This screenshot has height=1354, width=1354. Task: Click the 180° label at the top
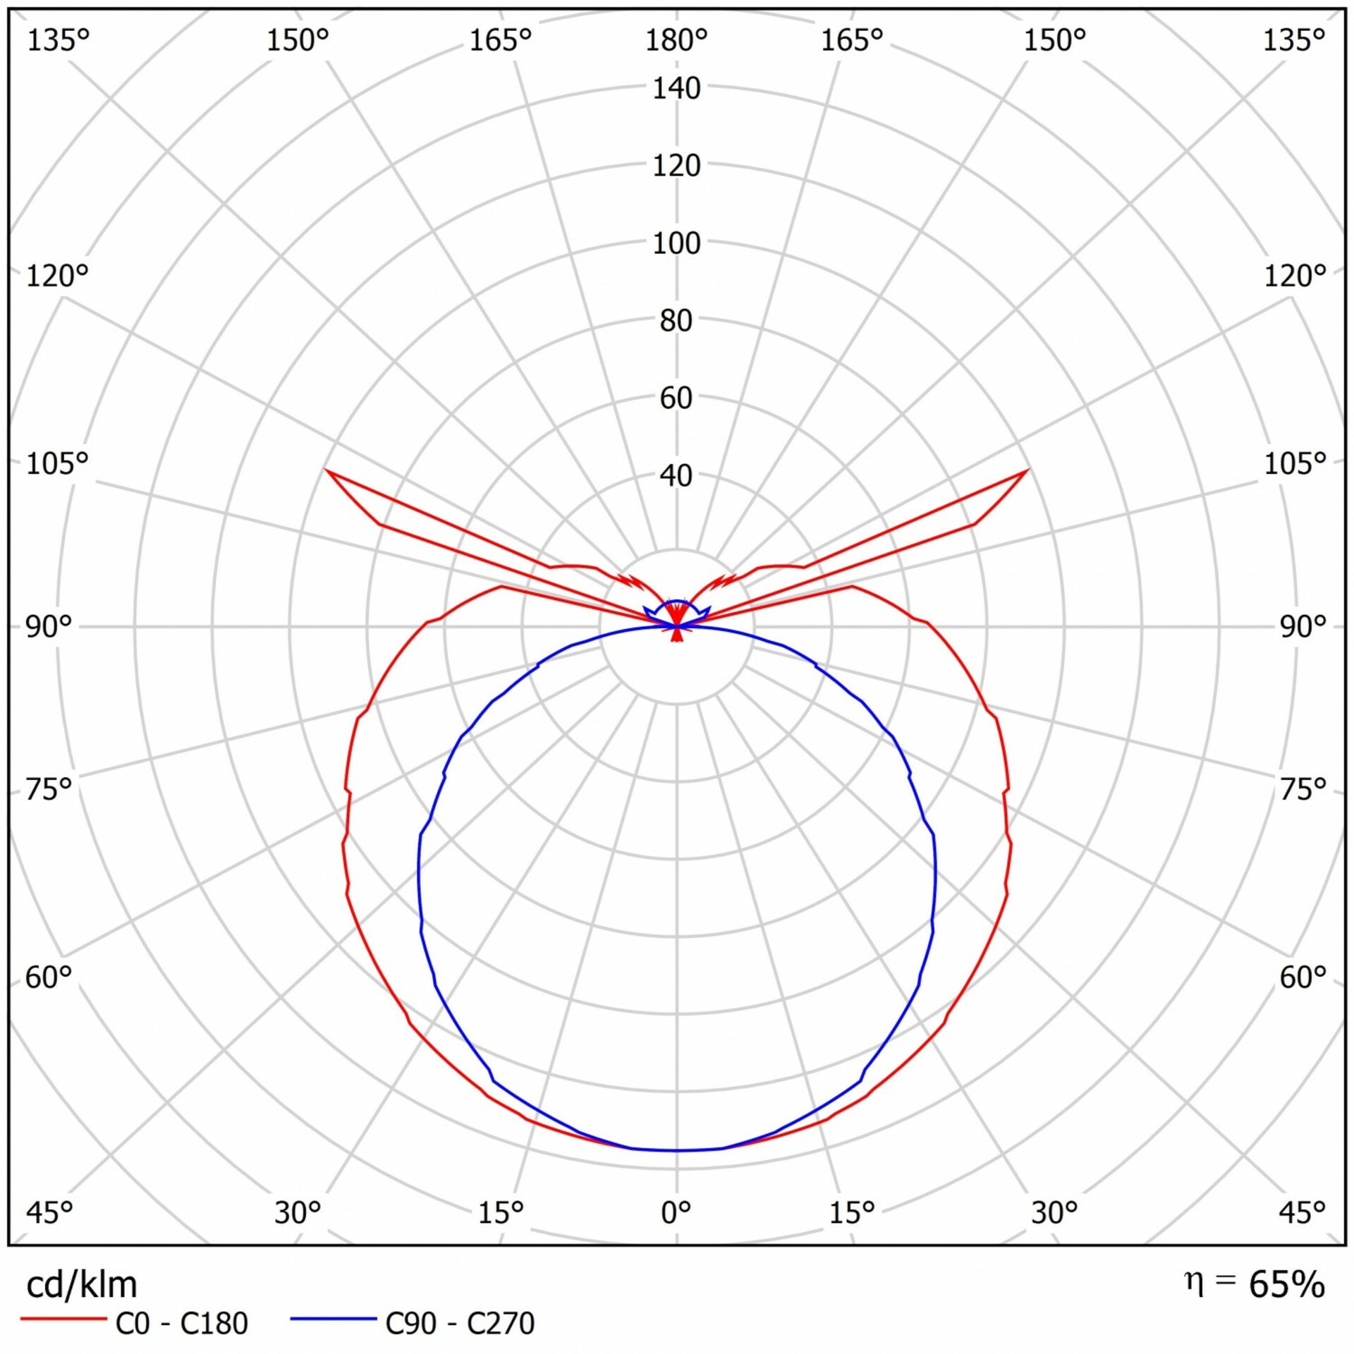coord(676,41)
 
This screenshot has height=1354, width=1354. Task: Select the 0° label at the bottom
coord(676,1212)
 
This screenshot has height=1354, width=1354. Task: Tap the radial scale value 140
coord(676,89)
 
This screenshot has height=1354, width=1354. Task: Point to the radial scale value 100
coord(676,244)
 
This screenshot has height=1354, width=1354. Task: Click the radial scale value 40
coord(676,476)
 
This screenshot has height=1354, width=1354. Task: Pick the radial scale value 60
coord(676,398)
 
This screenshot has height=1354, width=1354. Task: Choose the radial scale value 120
coord(676,166)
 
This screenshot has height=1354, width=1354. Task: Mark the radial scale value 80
coord(676,321)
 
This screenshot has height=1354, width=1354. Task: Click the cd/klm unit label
coord(82,1285)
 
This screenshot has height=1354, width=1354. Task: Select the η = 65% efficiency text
coord(1254,1283)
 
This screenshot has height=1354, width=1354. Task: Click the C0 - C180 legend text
coord(181,1324)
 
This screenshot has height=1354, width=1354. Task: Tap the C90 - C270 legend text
coord(460,1324)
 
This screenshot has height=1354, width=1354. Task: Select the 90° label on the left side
coord(49,626)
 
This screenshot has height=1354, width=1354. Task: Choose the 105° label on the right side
coord(1295,463)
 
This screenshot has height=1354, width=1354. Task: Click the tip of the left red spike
coord(326,470)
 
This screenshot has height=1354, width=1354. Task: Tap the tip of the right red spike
coord(1027,470)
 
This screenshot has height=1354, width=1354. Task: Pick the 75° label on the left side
coord(49,788)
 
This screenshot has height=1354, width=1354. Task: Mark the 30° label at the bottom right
coord(1054,1212)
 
